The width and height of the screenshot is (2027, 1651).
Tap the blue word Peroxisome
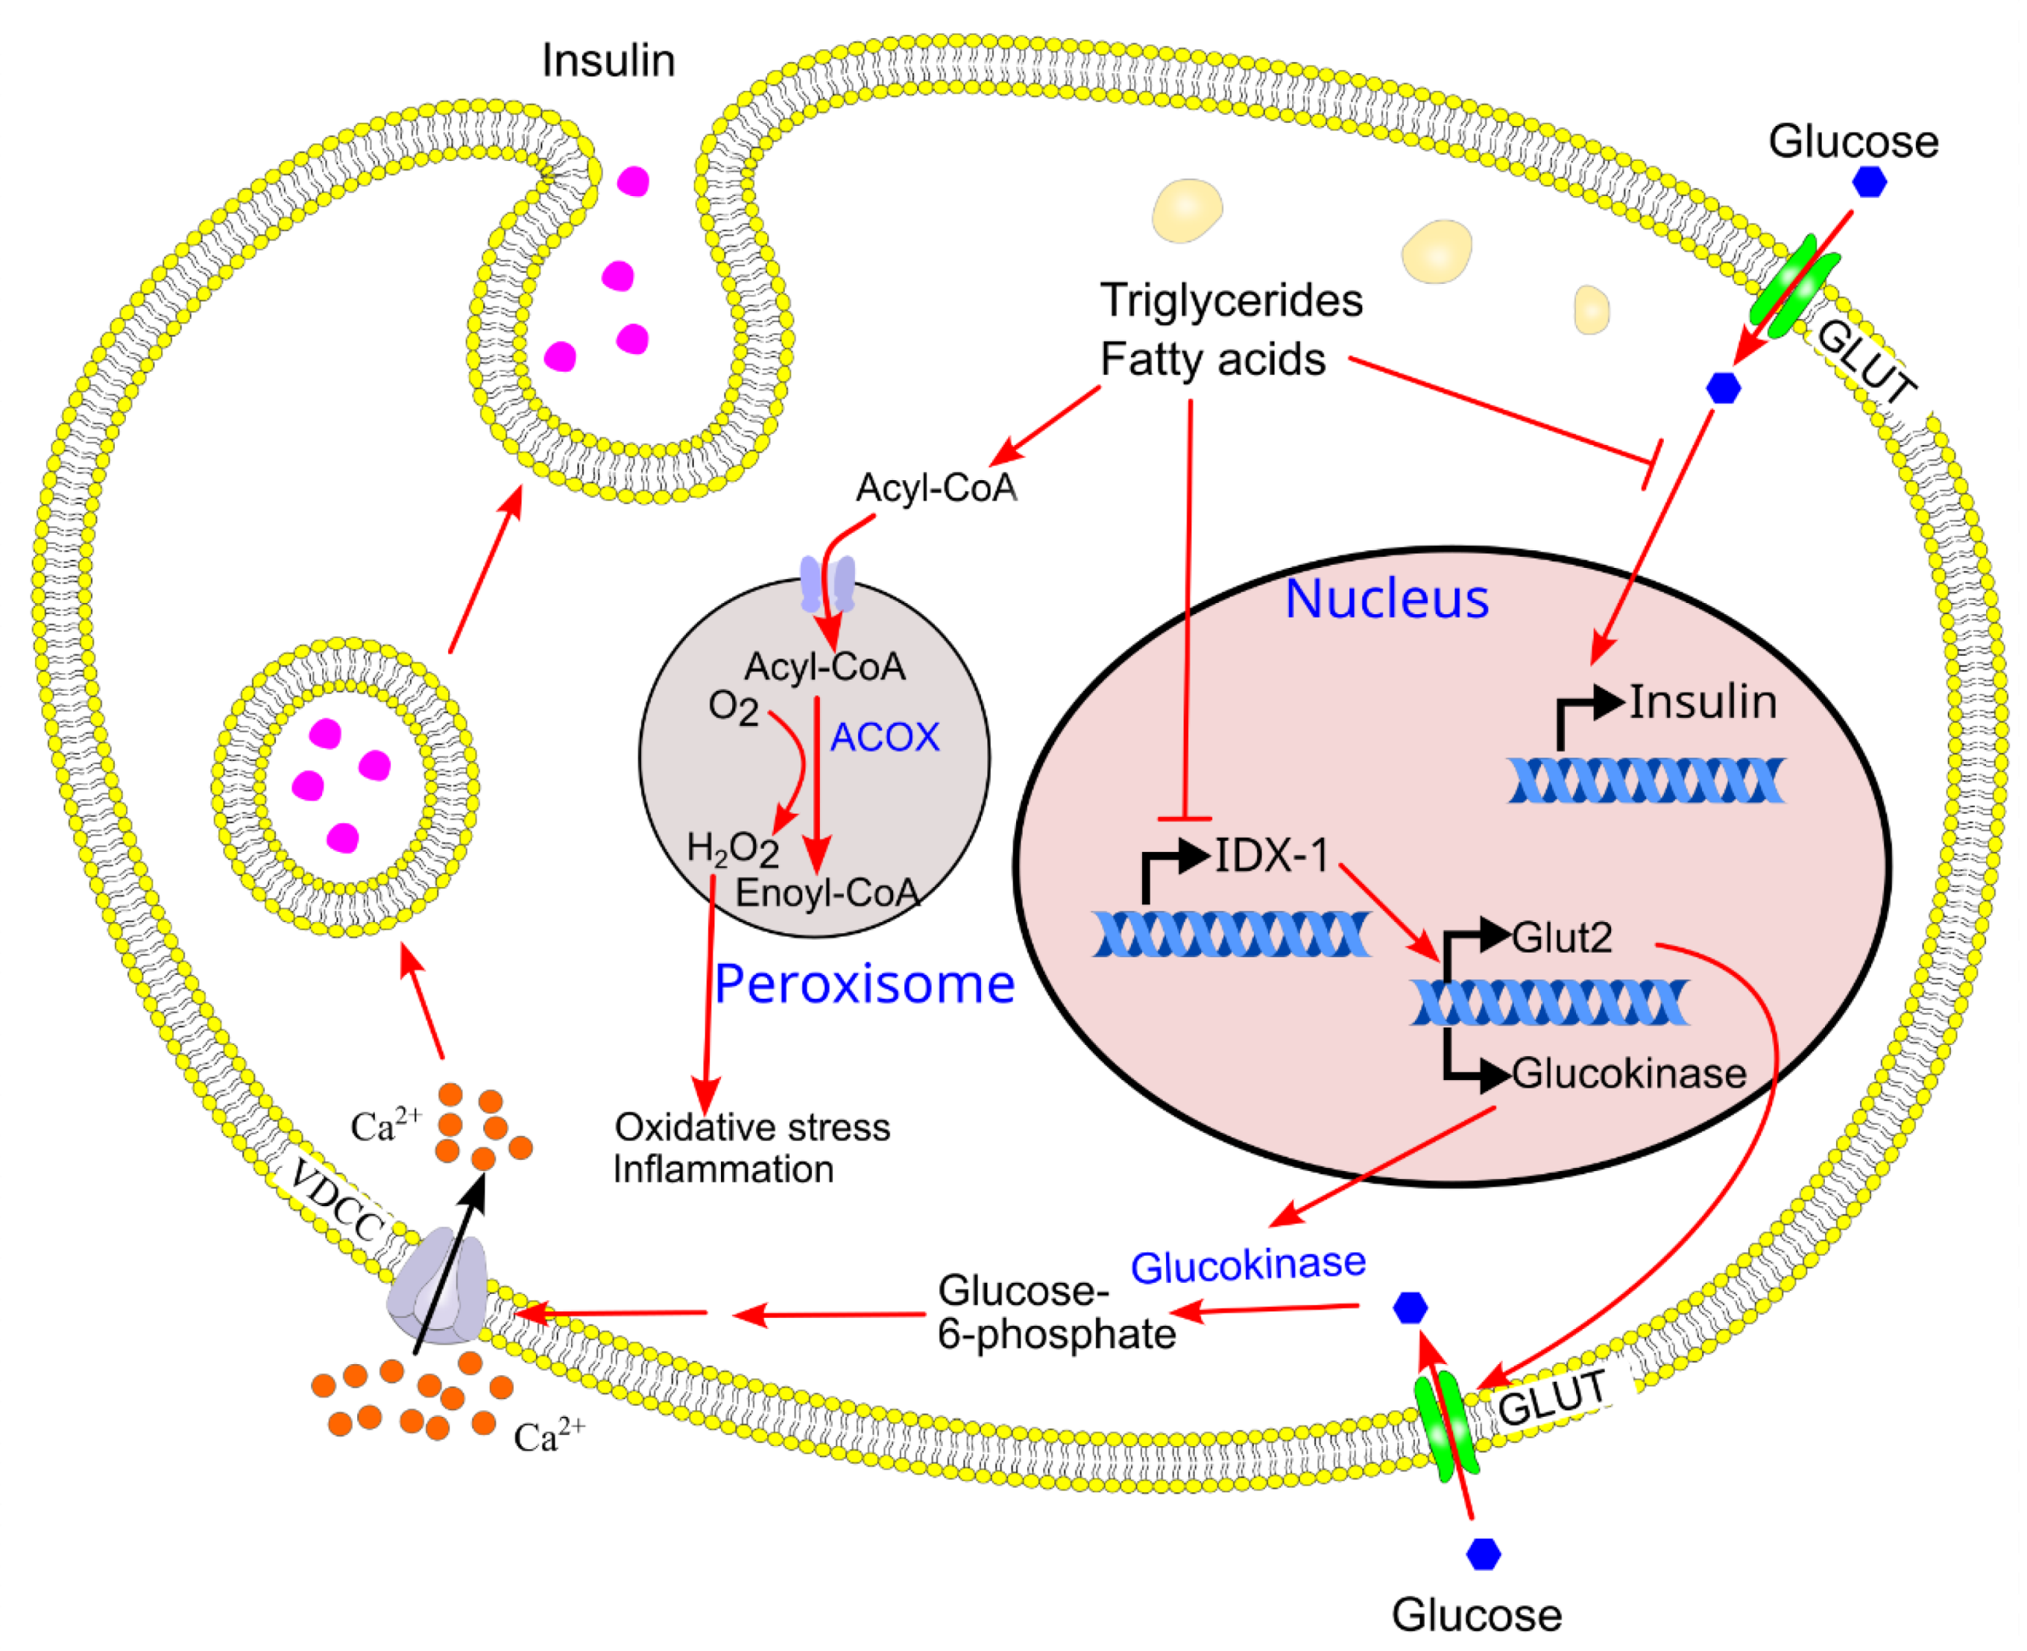point(864,984)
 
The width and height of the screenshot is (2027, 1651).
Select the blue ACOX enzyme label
point(884,738)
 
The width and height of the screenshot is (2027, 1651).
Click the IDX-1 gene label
point(1271,856)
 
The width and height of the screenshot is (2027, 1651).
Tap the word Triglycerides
point(1231,302)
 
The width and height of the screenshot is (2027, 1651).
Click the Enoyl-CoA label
point(826,893)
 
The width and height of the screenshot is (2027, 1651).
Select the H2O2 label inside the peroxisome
point(733,849)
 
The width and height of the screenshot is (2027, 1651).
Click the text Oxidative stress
point(752,1128)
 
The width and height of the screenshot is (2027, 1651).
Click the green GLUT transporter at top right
point(1794,294)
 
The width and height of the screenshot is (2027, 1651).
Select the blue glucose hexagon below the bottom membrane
point(1483,1554)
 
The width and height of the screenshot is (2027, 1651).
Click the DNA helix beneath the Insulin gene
point(1645,781)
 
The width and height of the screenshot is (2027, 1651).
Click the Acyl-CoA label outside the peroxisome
point(936,488)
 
